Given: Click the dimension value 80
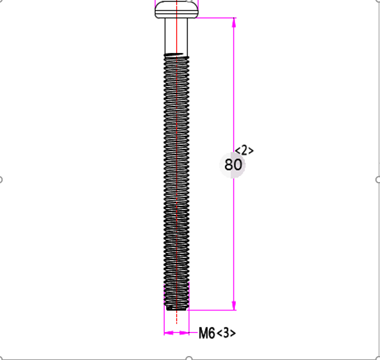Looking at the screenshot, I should coord(233,165).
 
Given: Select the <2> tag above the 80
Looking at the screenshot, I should coord(244,150).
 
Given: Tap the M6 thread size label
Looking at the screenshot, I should coord(207,333).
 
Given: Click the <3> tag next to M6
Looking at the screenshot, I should coord(226,333).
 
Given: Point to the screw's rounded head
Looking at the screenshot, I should coord(176,10).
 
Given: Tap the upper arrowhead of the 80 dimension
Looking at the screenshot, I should coord(233,22).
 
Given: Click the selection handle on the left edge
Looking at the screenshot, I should coord(1,179).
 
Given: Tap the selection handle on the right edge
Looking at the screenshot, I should coord(378,179).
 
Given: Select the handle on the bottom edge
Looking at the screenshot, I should coord(189,358).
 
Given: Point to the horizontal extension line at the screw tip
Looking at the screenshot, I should coord(212,310).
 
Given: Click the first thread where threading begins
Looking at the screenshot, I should coord(176,55).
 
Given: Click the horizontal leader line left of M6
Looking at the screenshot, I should coord(193,332).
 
